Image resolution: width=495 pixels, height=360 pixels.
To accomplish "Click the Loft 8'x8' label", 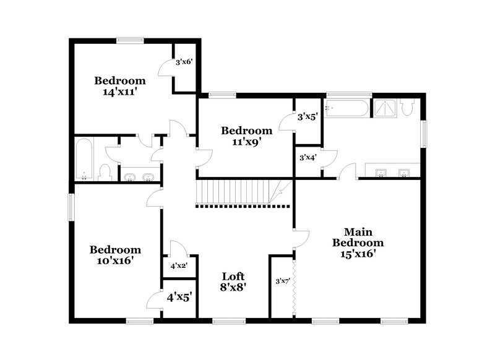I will (233, 281).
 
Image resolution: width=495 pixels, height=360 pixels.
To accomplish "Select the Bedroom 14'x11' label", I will (119, 86).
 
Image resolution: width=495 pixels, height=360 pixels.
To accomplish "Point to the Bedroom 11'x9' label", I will (246, 136).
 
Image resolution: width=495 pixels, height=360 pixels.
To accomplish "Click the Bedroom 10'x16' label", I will (115, 255).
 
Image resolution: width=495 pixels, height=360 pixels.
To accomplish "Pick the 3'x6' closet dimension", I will (185, 62).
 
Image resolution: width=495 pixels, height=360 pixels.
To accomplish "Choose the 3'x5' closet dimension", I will (308, 116).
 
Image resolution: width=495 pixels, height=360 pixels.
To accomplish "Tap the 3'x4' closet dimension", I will (308, 157).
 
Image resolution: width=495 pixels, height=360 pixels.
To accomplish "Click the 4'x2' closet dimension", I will (179, 266).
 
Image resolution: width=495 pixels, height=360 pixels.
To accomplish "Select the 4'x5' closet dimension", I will (179, 296).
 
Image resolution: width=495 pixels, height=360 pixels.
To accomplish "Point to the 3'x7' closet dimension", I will (283, 282).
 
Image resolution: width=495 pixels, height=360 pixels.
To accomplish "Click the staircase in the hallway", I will (238, 192).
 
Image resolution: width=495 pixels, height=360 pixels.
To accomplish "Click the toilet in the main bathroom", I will (407, 108).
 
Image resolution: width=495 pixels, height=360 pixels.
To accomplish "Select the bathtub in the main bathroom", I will (346, 109).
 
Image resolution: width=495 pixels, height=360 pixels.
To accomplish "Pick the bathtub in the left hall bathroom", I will (84, 158).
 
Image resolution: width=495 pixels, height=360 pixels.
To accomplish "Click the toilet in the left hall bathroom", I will (105, 171).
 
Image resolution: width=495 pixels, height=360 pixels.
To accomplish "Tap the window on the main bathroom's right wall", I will (424, 132).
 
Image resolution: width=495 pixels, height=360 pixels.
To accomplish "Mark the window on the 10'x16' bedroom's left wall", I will (71, 207).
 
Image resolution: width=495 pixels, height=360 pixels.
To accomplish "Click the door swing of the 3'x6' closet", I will (166, 69).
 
